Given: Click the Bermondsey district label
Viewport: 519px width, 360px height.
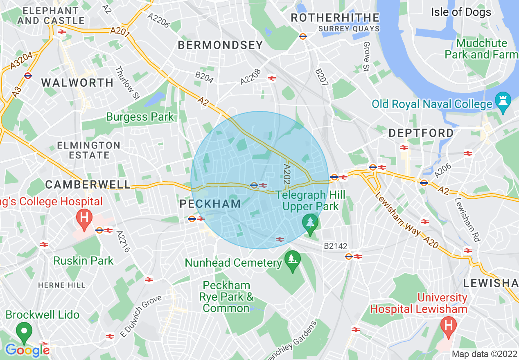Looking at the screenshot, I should click(220, 45).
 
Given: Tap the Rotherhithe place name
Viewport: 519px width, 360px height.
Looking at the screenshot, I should click(335, 18).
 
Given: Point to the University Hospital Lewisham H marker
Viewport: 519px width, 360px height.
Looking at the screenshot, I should click(449, 326).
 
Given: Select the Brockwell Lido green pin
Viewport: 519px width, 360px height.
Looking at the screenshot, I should click(24, 331).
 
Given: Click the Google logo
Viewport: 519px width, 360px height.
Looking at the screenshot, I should click(27, 350).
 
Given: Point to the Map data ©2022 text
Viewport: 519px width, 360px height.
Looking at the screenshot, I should click(483, 354).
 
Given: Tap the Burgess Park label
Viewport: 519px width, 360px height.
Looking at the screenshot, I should click(140, 117).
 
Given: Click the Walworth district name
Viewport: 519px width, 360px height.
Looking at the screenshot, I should click(77, 83).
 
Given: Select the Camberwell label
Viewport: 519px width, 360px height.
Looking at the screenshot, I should click(88, 184).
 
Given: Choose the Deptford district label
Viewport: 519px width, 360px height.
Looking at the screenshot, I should click(421, 133).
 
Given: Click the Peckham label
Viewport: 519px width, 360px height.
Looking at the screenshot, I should click(210, 204).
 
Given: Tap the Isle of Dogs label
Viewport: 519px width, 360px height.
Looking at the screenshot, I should click(461, 12).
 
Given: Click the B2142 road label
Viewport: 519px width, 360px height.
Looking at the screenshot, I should click(335, 246).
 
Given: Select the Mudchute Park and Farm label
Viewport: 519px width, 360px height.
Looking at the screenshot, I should click(481, 49).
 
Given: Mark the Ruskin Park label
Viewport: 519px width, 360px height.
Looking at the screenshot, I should click(83, 261).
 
